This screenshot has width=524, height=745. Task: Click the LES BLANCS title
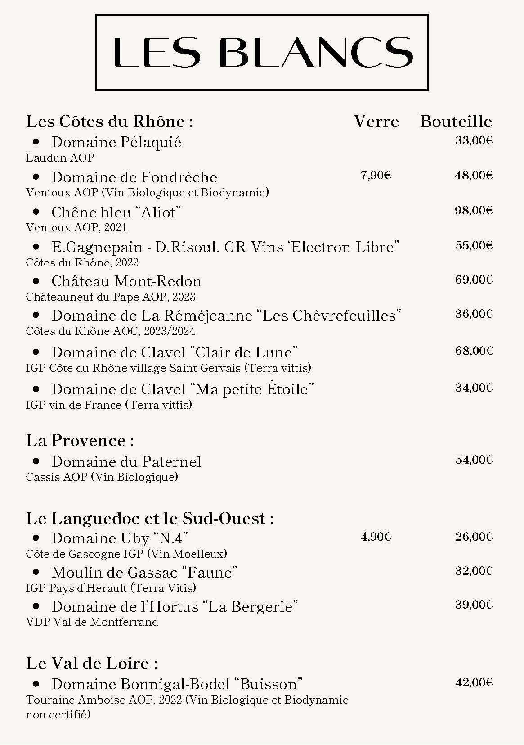click(262, 52)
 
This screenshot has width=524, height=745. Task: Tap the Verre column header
click(376, 122)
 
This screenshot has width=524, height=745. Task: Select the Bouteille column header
click(456, 122)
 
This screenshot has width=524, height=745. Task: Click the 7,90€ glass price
click(376, 176)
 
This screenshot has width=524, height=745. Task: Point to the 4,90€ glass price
click(376, 537)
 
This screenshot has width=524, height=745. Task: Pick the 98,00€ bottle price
click(474, 210)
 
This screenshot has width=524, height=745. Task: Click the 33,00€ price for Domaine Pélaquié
click(474, 141)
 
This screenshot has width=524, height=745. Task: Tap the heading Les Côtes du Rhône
click(109, 122)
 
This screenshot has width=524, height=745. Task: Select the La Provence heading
click(80, 440)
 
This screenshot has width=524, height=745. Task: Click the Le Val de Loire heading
click(92, 663)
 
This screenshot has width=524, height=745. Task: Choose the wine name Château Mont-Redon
click(126, 281)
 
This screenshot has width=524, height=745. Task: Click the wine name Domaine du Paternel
click(126, 462)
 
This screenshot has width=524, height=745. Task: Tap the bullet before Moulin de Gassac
click(36, 572)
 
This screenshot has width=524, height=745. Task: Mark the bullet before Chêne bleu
click(36, 212)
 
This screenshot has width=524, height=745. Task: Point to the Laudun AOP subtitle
click(60, 158)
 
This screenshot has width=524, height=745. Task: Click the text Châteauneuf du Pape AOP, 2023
click(111, 297)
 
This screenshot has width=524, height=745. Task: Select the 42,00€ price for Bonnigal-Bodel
click(474, 683)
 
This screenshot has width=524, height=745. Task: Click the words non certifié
click(58, 714)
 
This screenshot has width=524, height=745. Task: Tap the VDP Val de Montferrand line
click(92, 622)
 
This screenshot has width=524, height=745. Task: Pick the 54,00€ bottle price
click(474, 460)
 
